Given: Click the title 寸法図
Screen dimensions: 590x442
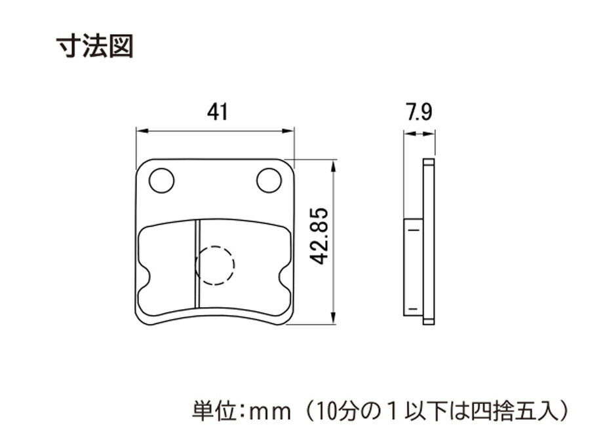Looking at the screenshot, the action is click(x=95, y=46).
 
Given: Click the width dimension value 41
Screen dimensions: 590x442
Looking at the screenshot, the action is click(x=218, y=112).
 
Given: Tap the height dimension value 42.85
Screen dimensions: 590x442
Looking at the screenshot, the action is click(x=319, y=236).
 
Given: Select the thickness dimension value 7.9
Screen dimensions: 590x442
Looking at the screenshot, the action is click(x=419, y=112).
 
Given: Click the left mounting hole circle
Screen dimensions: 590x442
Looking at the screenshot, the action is click(x=162, y=181).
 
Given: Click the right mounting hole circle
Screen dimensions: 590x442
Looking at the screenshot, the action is click(x=269, y=181).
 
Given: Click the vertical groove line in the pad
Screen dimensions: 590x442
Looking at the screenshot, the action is click(x=197, y=263).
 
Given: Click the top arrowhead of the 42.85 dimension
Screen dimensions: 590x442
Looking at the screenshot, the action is click(x=332, y=166).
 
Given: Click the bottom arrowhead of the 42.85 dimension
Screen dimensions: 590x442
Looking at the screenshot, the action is click(x=332, y=318).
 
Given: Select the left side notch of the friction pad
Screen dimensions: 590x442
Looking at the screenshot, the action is click(x=146, y=278).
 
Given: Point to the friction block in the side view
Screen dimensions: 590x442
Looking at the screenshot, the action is click(x=413, y=267).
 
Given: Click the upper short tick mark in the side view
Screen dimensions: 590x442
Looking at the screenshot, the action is click(x=413, y=230).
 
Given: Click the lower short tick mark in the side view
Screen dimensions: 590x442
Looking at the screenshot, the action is click(x=413, y=308).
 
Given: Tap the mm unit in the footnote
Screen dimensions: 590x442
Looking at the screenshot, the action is click(x=271, y=413).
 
